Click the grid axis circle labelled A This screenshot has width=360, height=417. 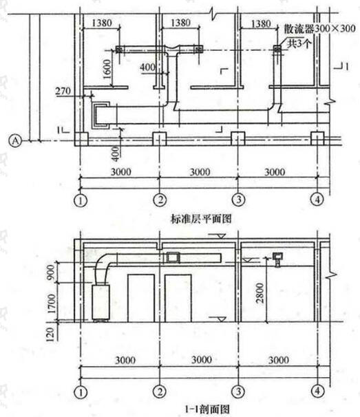pos(15,140)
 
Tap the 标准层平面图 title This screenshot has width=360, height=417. pos(201,219)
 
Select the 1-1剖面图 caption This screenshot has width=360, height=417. pos(207,409)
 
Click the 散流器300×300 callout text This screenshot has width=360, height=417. pos(319,28)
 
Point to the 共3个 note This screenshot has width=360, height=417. pos(299,43)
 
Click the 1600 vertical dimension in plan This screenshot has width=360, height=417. pos(107,69)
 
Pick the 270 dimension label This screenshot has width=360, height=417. pos(63,92)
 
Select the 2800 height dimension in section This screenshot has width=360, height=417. pos(260,293)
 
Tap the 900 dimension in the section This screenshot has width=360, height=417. pos(50,272)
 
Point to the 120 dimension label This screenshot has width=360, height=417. pos(50,334)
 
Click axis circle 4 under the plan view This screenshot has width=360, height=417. pos(317,199)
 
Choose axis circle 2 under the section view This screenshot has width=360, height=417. pos(160,392)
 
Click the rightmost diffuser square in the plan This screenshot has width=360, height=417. pos(277,49)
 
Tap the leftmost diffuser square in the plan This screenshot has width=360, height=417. pos(119,50)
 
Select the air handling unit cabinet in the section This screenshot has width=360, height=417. pos(100,302)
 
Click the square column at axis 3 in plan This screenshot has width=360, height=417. pos(237,138)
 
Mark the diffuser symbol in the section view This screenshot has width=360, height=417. pos(277,259)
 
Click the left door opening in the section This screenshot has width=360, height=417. pos(141,298)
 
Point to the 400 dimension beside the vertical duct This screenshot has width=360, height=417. pos(147,67)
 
